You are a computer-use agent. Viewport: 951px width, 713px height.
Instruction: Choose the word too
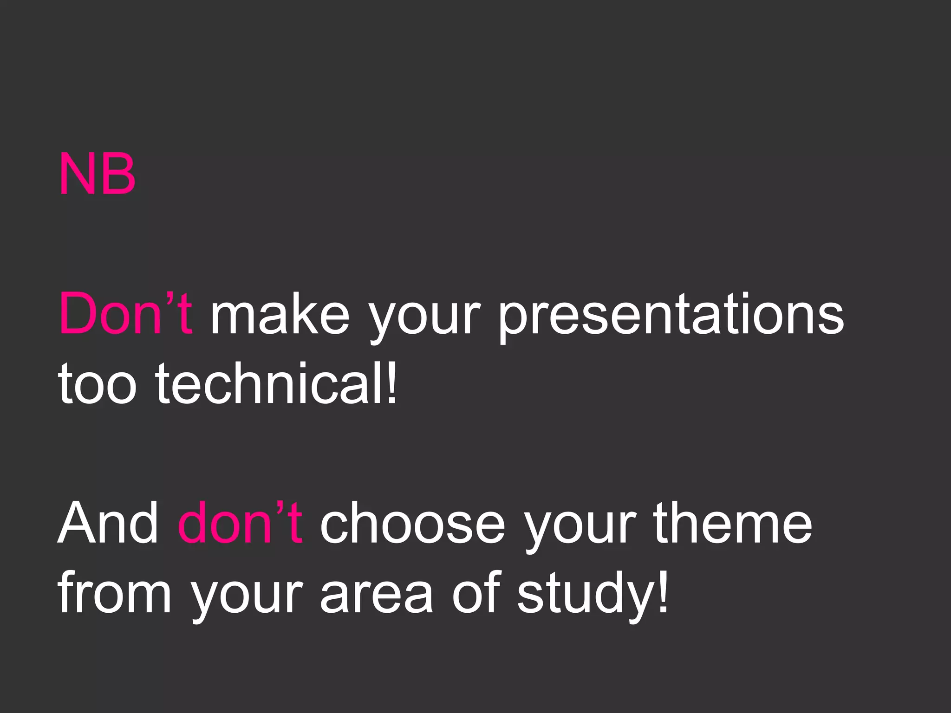coord(97,383)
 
